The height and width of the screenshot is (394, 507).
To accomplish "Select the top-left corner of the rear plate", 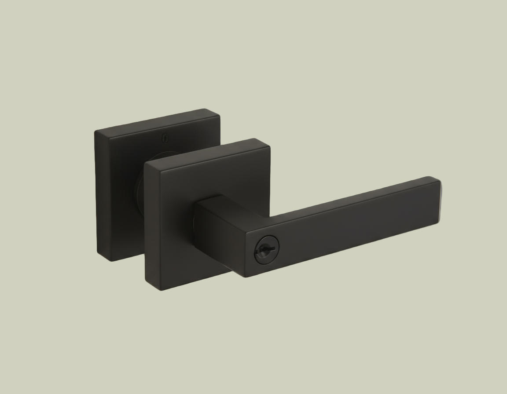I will pos(96,131).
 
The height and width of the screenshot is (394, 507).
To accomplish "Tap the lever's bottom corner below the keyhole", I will pos(247,276).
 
